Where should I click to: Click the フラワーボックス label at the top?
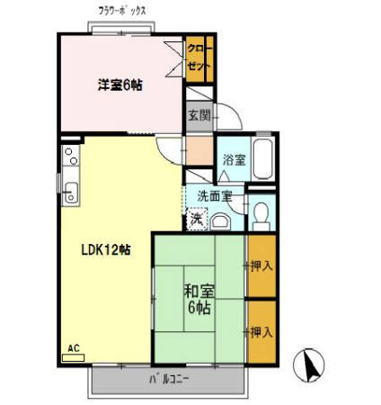122,11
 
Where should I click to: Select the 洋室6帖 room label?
120,85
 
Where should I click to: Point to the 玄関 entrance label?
198,115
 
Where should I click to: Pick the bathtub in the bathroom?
264,159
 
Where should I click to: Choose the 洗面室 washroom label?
215,194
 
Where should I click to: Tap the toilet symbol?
261,214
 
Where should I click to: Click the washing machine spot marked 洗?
196,218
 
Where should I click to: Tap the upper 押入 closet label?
261,265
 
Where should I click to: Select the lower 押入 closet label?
261,331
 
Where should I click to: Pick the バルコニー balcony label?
169,379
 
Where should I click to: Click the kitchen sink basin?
71,193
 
